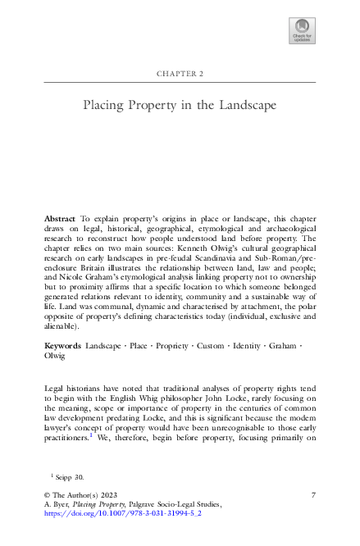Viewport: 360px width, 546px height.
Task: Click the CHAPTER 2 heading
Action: pos(180,74)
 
